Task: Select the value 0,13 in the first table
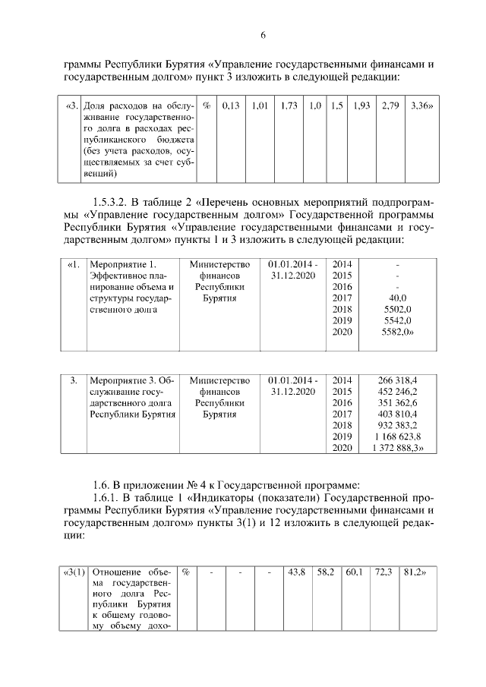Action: tap(231, 106)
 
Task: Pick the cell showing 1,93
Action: tap(361, 106)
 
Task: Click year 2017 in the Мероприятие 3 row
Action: tap(343, 414)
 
